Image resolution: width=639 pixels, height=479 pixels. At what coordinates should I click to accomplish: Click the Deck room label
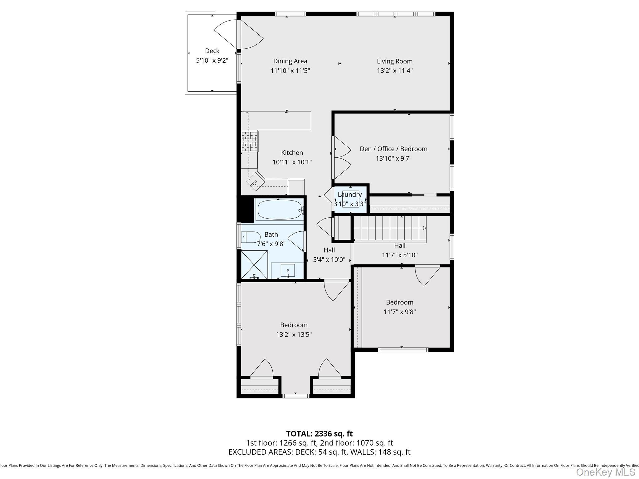pos(212,51)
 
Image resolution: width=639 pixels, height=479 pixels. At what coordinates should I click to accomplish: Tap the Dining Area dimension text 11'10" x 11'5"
pos(290,71)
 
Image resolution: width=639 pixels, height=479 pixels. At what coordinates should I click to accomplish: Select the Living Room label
pos(394,61)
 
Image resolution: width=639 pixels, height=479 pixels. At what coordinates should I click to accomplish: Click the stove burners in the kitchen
pos(250,141)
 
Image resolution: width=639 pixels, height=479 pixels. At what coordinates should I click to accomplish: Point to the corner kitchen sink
pos(256,181)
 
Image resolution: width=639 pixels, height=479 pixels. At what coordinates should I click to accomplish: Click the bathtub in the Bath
pos(279,210)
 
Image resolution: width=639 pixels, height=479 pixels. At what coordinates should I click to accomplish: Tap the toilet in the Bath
pos(250,237)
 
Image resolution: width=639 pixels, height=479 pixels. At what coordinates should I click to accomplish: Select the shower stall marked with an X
pos(254,264)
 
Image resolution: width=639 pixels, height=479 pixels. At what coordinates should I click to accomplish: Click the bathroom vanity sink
pos(287,270)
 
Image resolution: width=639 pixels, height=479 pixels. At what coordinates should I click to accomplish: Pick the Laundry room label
pos(349,195)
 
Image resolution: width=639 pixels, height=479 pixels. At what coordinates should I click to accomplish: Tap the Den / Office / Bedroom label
pos(393,149)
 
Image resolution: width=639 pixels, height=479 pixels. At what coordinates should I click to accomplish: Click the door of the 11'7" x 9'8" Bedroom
pos(427,275)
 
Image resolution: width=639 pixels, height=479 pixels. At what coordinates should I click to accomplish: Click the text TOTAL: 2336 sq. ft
pos(319,434)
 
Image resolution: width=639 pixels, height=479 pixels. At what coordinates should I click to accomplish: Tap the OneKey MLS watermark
pos(605,472)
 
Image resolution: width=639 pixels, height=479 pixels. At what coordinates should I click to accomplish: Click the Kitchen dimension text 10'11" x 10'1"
pos(292,162)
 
